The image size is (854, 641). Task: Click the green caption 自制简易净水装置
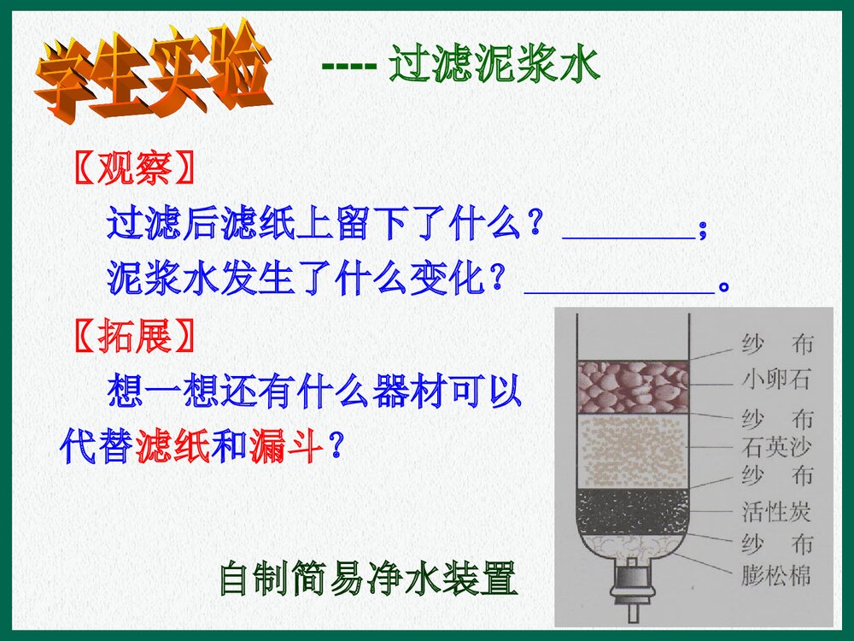(x=368, y=579)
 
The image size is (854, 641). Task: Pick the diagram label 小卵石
(x=775, y=380)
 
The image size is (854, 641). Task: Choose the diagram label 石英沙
(x=775, y=446)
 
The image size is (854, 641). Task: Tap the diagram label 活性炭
(x=775, y=512)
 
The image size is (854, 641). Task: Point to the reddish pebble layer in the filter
(x=633, y=386)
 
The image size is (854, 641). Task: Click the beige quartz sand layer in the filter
(x=633, y=450)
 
